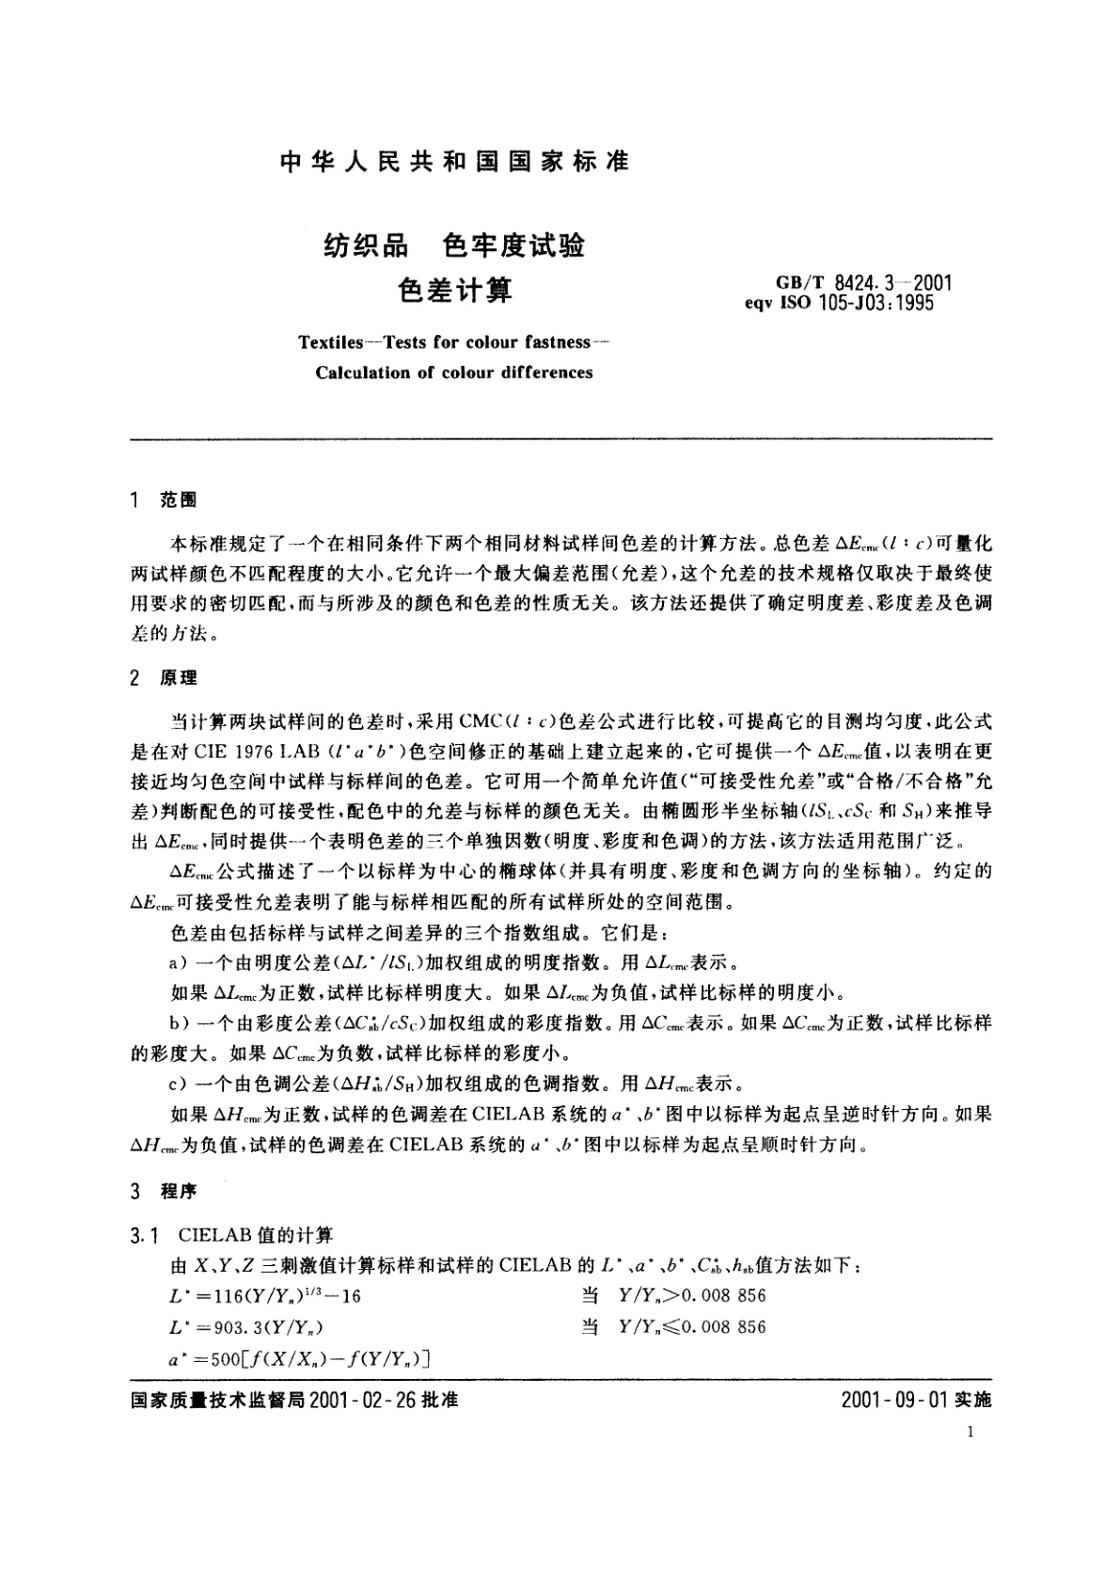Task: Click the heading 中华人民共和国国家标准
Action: (x=455, y=162)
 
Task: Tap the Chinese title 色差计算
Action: (x=455, y=290)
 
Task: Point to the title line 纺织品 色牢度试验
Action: (x=454, y=246)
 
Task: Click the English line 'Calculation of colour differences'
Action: (x=454, y=372)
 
